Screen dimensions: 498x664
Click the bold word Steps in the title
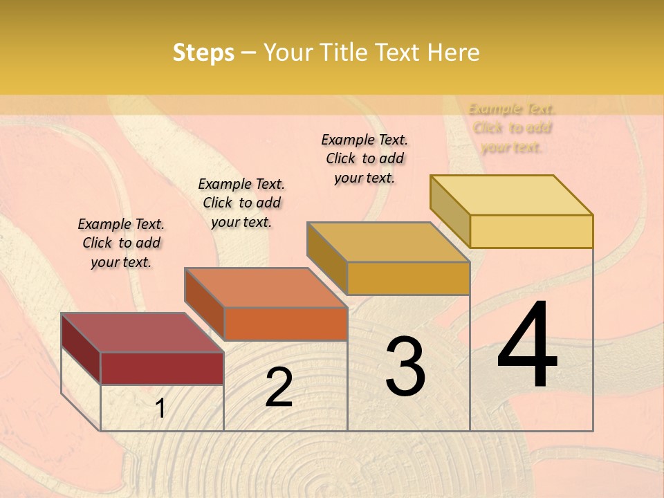pyautogui.click(x=203, y=53)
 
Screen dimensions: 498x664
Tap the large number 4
pyautogui.click(x=527, y=346)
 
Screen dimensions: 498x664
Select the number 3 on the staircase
pyautogui.click(x=405, y=367)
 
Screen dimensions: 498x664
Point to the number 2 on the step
pyautogui.click(x=279, y=387)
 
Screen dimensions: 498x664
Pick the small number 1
pyautogui.click(x=160, y=409)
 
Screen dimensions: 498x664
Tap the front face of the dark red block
pyautogui.click(x=162, y=368)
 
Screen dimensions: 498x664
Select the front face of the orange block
pyautogui.click(x=286, y=324)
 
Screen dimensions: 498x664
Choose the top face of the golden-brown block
pyautogui.click(x=388, y=242)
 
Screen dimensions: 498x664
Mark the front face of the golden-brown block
pyautogui.click(x=408, y=278)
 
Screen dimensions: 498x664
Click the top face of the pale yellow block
pyautogui.click(x=511, y=195)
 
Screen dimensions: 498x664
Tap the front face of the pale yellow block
pyautogui.click(x=531, y=231)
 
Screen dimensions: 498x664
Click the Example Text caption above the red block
pyautogui.click(x=121, y=243)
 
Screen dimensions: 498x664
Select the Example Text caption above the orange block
pyautogui.click(x=241, y=203)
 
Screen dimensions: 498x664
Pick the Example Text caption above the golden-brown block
pyautogui.click(x=365, y=158)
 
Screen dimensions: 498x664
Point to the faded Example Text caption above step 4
pyautogui.click(x=512, y=128)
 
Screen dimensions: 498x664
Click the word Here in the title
pyautogui.click(x=454, y=53)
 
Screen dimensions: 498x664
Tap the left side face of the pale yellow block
pyautogui.click(x=450, y=211)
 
